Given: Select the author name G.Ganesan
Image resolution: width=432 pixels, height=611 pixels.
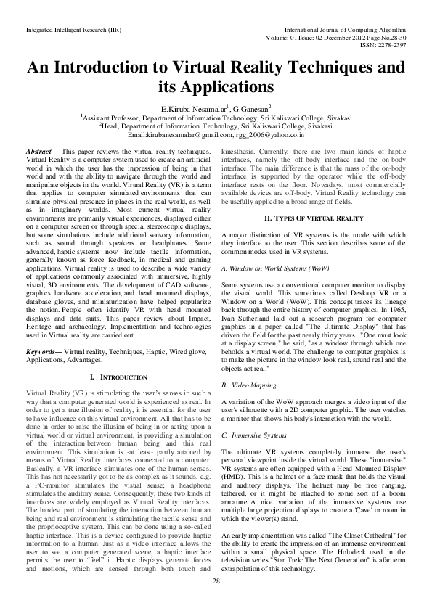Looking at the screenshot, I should point(250,108).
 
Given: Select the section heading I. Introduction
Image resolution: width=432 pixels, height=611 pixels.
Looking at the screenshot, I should point(113,377).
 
